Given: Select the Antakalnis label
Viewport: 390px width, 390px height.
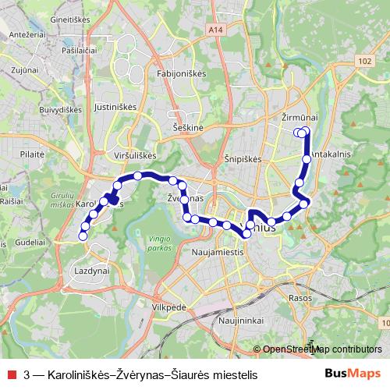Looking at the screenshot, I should coord(333,155).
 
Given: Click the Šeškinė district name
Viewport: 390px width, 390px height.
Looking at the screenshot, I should coord(189,126).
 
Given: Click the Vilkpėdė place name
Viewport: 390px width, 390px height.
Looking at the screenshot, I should coord(171,307).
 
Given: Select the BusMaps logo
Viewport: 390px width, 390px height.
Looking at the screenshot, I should coord(353,374).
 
